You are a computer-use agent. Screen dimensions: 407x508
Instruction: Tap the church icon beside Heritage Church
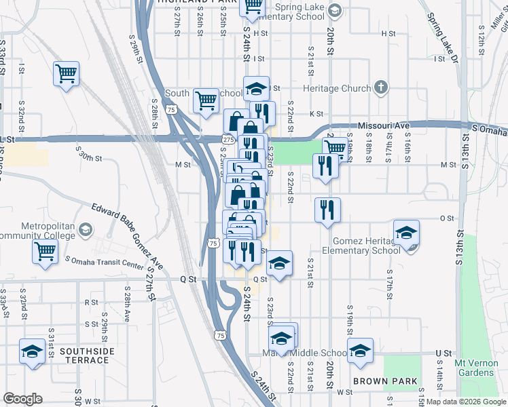[381, 88]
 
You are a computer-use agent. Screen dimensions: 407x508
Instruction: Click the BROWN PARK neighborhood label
[391, 381]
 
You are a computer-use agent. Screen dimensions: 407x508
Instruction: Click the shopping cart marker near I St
[66, 73]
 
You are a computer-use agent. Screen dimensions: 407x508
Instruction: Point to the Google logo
[22, 399]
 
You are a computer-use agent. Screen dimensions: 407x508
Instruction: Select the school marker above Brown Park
[360, 350]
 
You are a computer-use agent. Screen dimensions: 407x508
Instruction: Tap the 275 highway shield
[228, 139]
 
